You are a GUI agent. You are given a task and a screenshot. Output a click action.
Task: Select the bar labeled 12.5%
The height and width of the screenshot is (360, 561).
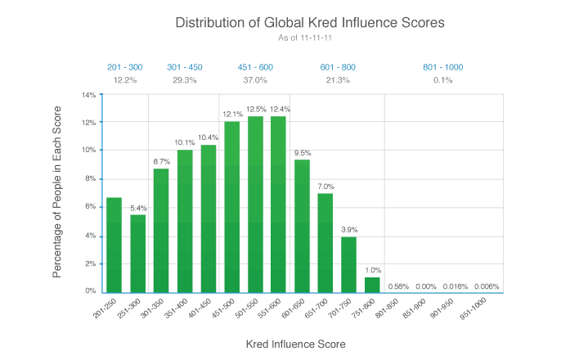[255, 204]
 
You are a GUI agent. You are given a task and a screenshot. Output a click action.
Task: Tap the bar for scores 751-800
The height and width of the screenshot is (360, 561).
[372, 284]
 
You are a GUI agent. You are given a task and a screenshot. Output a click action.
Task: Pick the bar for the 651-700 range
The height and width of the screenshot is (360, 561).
[325, 242]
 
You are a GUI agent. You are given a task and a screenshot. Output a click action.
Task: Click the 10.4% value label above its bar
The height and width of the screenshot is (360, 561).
[209, 137]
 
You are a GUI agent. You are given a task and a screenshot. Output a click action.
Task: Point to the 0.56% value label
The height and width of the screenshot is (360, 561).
[397, 286]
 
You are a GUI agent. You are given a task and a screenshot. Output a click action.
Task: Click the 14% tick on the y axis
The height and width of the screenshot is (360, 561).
[89, 95]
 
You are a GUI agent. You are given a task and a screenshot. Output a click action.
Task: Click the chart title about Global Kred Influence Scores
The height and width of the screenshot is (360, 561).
[310, 23]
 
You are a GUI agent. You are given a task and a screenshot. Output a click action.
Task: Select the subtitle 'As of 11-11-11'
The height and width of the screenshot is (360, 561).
[310, 38]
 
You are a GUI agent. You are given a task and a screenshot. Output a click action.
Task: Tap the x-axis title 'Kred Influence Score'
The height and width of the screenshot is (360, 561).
[295, 344]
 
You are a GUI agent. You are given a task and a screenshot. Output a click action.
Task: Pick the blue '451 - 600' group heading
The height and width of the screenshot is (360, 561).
[255, 66]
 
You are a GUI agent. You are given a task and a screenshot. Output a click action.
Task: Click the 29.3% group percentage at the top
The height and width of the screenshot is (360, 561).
[185, 79]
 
